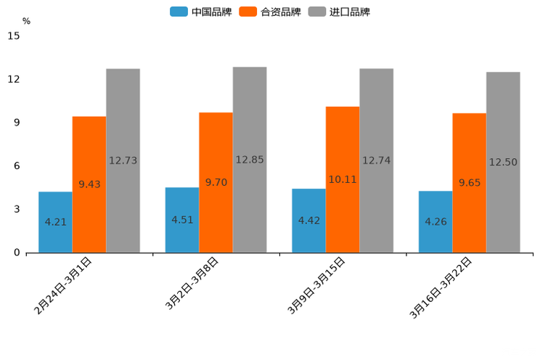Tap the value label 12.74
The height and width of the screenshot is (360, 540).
pyautogui.click(x=377, y=160)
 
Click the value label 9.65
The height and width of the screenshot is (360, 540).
pyautogui.click(x=470, y=183)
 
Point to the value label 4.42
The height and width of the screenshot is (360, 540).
pyautogui.click(x=309, y=220)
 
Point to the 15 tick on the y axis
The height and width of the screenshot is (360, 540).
pyautogui.click(x=14, y=36)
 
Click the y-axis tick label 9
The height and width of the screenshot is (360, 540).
pyautogui.click(x=17, y=123)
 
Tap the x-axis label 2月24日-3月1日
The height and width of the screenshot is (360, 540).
pyautogui.click(x=63, y=285)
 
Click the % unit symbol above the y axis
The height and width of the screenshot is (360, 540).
pyautogui.click(x=26, y=21)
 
